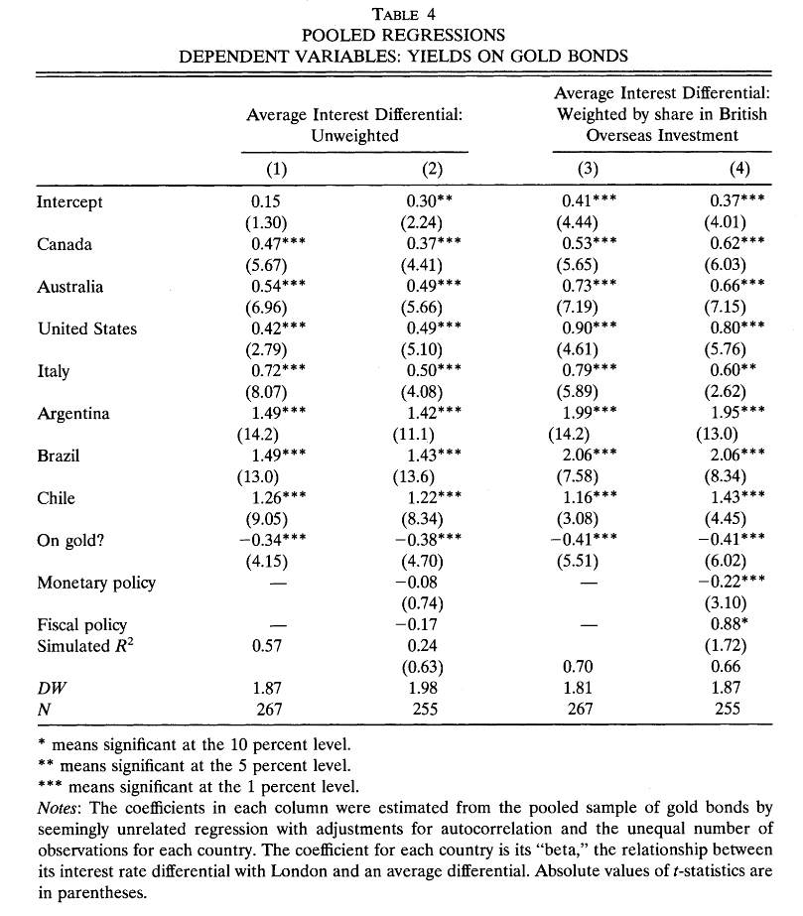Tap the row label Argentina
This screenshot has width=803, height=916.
point(73,414)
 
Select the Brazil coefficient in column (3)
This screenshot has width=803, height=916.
point(591,456)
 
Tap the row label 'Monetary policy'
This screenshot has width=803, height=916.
point(96,583)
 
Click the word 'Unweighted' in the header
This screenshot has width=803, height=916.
point(355,136)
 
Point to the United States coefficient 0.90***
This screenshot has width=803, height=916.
point(591,329)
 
